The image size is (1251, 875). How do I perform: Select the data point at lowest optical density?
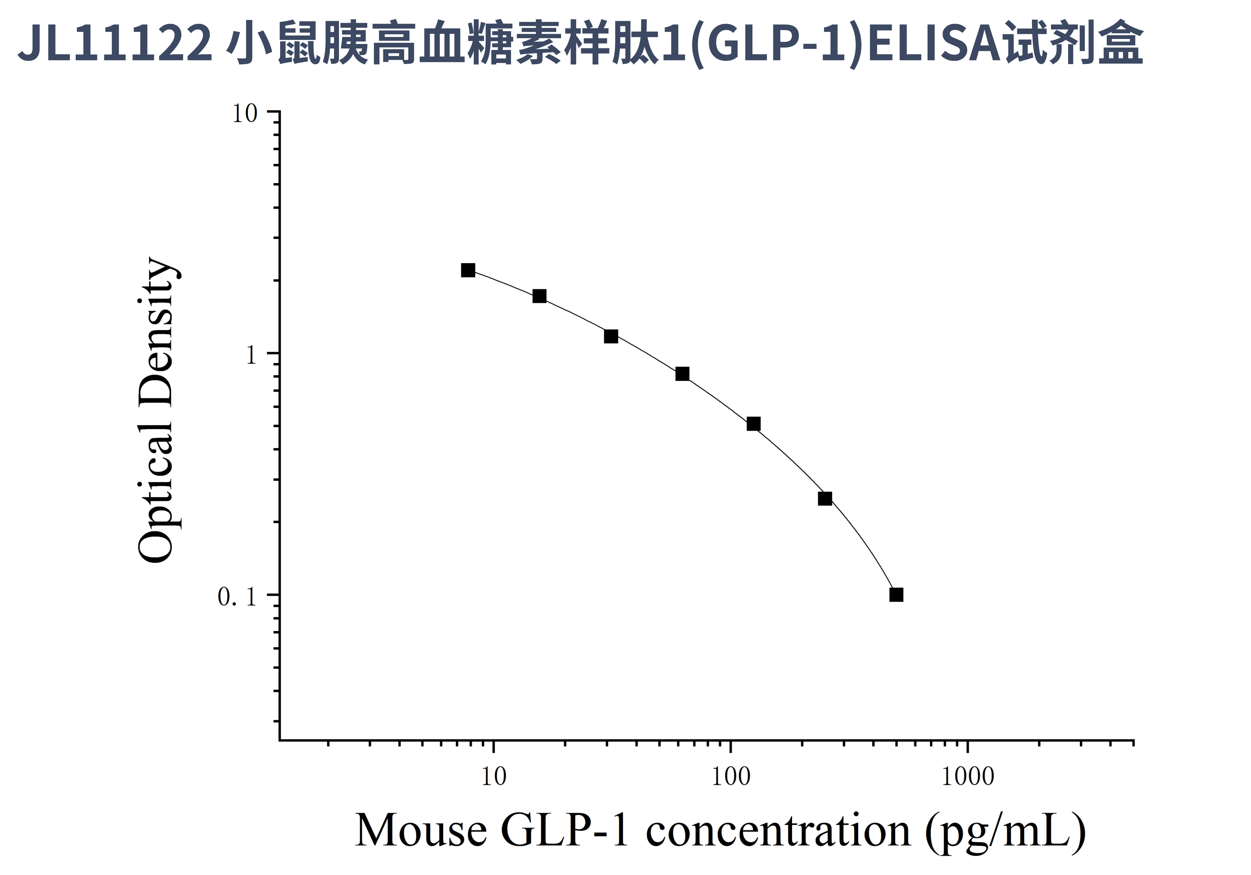tap(896, 594)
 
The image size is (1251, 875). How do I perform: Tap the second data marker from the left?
tap(539, 296)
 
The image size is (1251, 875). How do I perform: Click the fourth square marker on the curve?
tap(682, 374)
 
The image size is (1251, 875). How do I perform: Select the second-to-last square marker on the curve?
tap(825, 498)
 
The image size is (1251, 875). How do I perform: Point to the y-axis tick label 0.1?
tap(237, 597)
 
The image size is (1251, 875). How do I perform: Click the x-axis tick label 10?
tap(494, 776)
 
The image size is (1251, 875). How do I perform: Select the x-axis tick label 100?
tap(731, 776)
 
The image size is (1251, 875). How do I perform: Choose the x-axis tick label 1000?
tap(968, 776)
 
